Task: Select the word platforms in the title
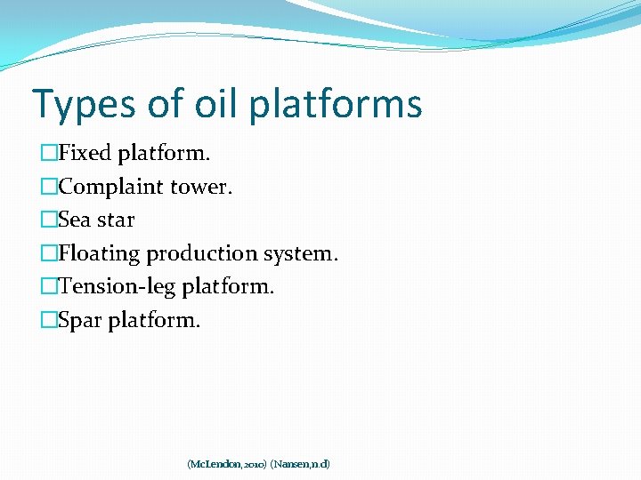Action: pos(336,104)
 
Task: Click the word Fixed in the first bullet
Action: pos(85,153)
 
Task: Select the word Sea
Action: pos(76,220)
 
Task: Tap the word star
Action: pos(116,220)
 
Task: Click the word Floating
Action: pos(99,253)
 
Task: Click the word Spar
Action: pos(80,320)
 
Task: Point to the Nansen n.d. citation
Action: pos(300,464)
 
